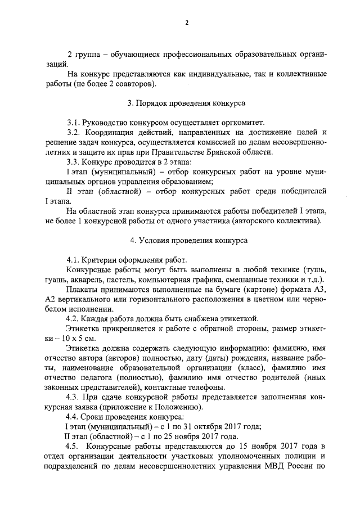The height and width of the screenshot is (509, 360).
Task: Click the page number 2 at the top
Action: [186, 23]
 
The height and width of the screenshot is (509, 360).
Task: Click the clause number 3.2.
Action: [74, 133]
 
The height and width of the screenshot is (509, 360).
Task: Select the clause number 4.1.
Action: [74, 260]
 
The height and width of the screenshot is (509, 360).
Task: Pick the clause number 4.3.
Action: [74, 397]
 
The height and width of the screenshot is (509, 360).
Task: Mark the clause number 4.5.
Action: [74, 447]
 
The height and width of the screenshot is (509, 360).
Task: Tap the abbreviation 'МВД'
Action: [278, 466]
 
